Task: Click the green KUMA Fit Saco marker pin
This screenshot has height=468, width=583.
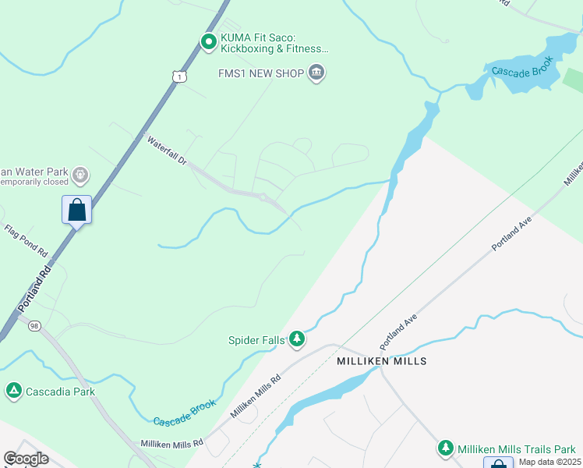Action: (x=208, y=42)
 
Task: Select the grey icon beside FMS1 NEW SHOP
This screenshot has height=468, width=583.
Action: (x=316, y=74)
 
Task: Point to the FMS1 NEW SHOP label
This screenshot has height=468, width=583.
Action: (x=260, y=74)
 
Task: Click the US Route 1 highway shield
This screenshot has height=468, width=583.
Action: (x=180, y=76)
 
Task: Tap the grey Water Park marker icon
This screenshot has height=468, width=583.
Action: (x=79, y=175)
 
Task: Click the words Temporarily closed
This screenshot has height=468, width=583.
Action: (x=34, y=182)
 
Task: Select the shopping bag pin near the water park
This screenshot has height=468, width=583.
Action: (x=76, y=210)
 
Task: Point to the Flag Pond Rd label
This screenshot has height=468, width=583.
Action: (x=26, y=242)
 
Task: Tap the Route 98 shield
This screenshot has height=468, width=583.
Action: (x=34, y=325)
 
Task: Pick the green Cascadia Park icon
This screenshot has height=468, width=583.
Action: (x=13, y=390)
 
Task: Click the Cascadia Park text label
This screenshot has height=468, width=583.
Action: (x=62, y=391)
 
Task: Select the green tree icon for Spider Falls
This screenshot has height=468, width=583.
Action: (x=296, y=339)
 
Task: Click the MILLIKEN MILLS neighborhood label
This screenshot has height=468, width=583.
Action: (x=381, y=362)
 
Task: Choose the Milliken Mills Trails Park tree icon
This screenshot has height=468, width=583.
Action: (x=445, y=448)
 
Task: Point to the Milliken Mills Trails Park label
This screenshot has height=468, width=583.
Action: (x=516, y=448)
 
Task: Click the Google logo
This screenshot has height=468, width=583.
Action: (x=26, y=459)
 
